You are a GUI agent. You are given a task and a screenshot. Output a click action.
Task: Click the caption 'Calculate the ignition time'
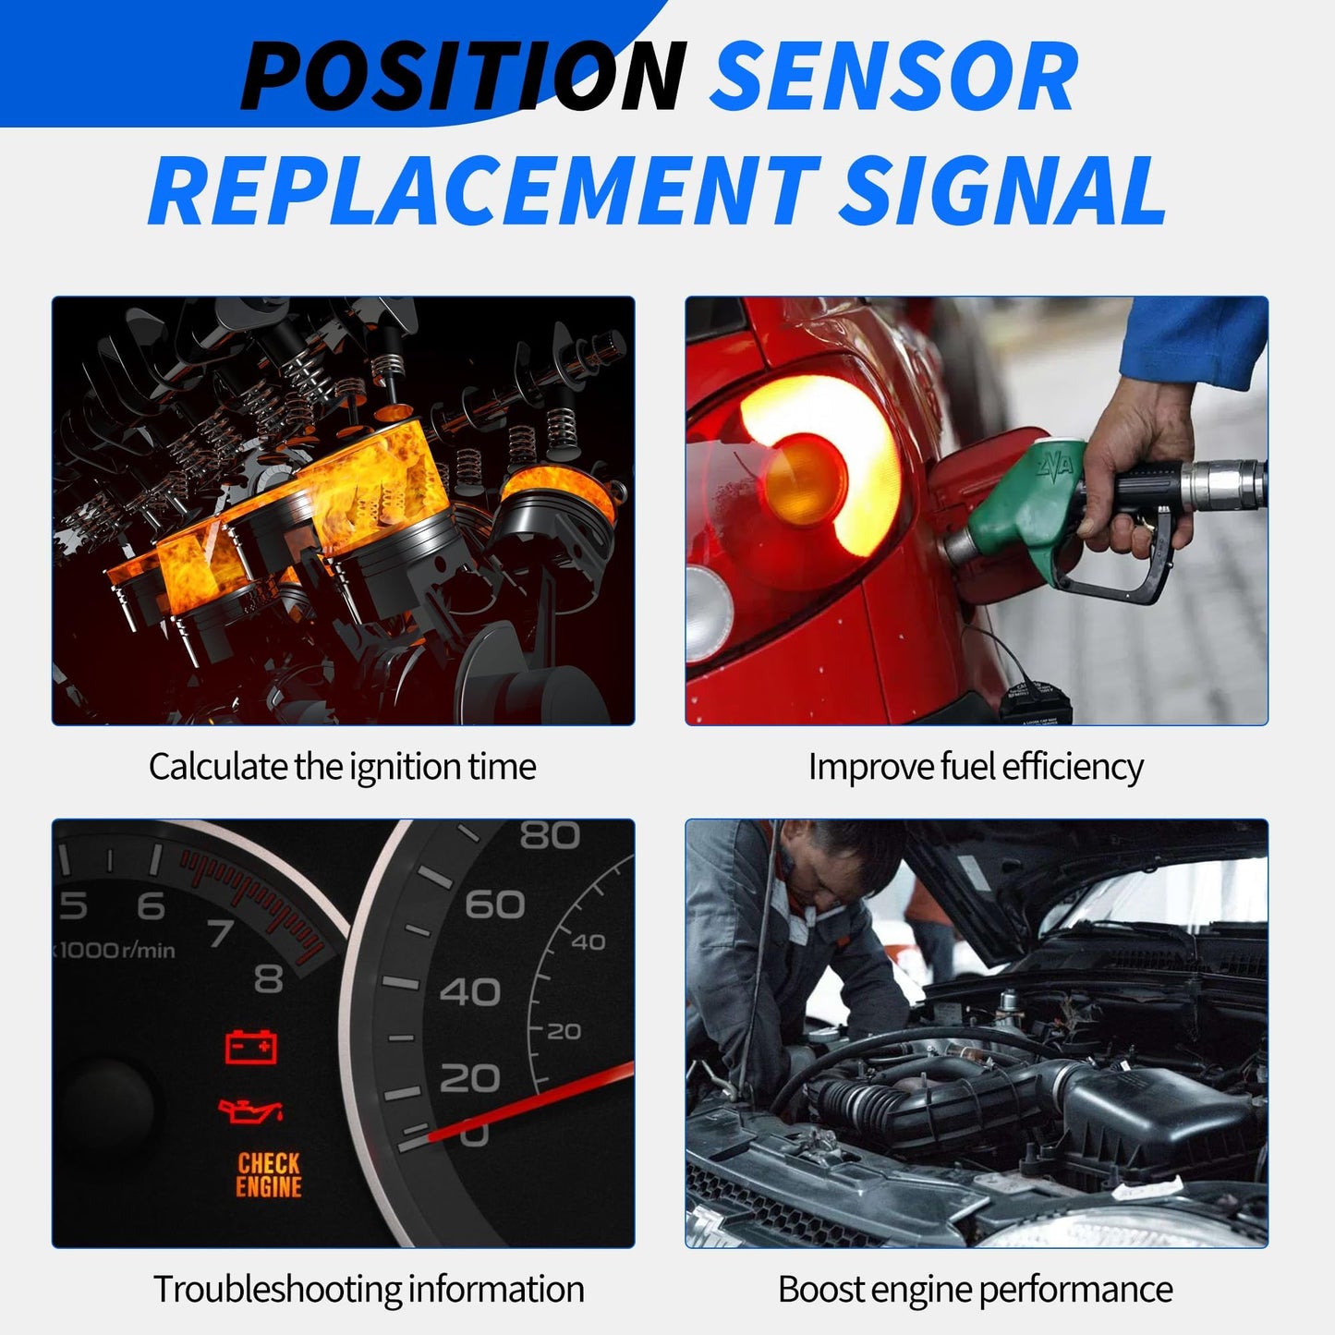point(342,767)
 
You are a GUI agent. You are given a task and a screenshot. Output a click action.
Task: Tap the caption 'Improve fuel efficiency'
point(976,767)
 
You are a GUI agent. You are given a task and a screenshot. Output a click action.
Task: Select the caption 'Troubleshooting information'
point(369,1289)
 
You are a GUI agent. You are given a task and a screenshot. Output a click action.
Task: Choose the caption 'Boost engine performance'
point(976,1289)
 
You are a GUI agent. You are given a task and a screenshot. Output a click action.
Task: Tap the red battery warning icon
point(251,1047)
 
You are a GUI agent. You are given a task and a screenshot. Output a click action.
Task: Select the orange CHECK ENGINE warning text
point(269,1175)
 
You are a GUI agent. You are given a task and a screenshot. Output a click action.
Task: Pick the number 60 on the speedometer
point(495,904)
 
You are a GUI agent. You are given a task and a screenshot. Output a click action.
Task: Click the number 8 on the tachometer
point(268,977)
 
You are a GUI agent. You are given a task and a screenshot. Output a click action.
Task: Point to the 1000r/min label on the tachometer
point(115,950)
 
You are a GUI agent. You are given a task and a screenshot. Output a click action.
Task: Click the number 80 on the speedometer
point(549,836)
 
